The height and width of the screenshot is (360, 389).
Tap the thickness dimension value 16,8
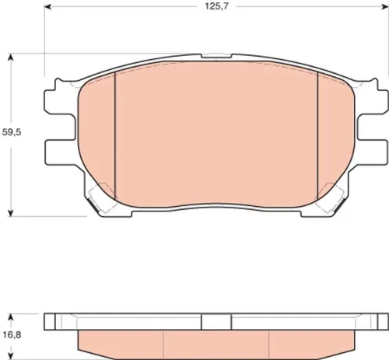11,330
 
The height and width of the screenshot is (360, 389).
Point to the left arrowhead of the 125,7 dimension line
46,19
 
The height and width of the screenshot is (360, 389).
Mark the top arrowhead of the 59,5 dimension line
11,57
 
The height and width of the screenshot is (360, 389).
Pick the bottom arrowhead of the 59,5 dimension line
11,213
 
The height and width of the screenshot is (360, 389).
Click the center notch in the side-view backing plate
216,320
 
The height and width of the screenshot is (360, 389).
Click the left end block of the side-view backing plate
52,320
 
